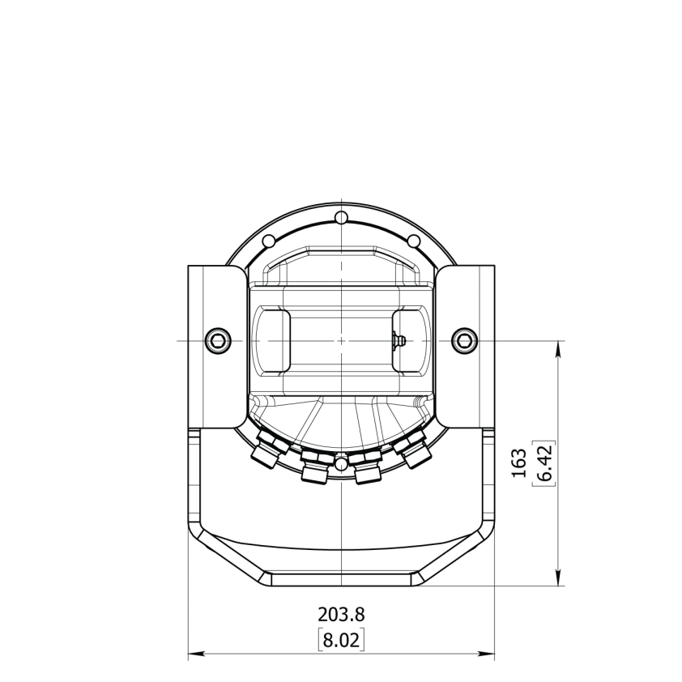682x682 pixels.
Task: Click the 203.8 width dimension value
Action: coord(341,615)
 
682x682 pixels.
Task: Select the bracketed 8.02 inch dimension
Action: coord(342,640)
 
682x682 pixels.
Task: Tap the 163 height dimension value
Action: coord(519,463)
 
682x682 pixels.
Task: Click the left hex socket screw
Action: coord(217,340)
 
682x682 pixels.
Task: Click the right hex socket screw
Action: coord(465,340)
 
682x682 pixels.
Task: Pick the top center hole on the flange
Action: coord(342,216)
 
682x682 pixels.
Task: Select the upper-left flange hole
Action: coord(269,241)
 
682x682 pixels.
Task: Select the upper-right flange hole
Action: coord(414,241)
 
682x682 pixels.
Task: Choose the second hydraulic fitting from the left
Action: coord(315,467)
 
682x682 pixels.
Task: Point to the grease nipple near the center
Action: coord(398,340)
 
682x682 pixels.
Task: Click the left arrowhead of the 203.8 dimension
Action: coord(196,653)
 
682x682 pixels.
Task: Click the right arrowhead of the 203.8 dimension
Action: coord(486,653)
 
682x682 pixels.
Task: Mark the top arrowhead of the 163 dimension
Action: coord(558,349)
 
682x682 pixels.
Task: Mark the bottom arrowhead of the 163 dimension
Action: coord(558,578)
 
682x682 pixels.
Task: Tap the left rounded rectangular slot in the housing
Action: coord(272,340)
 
